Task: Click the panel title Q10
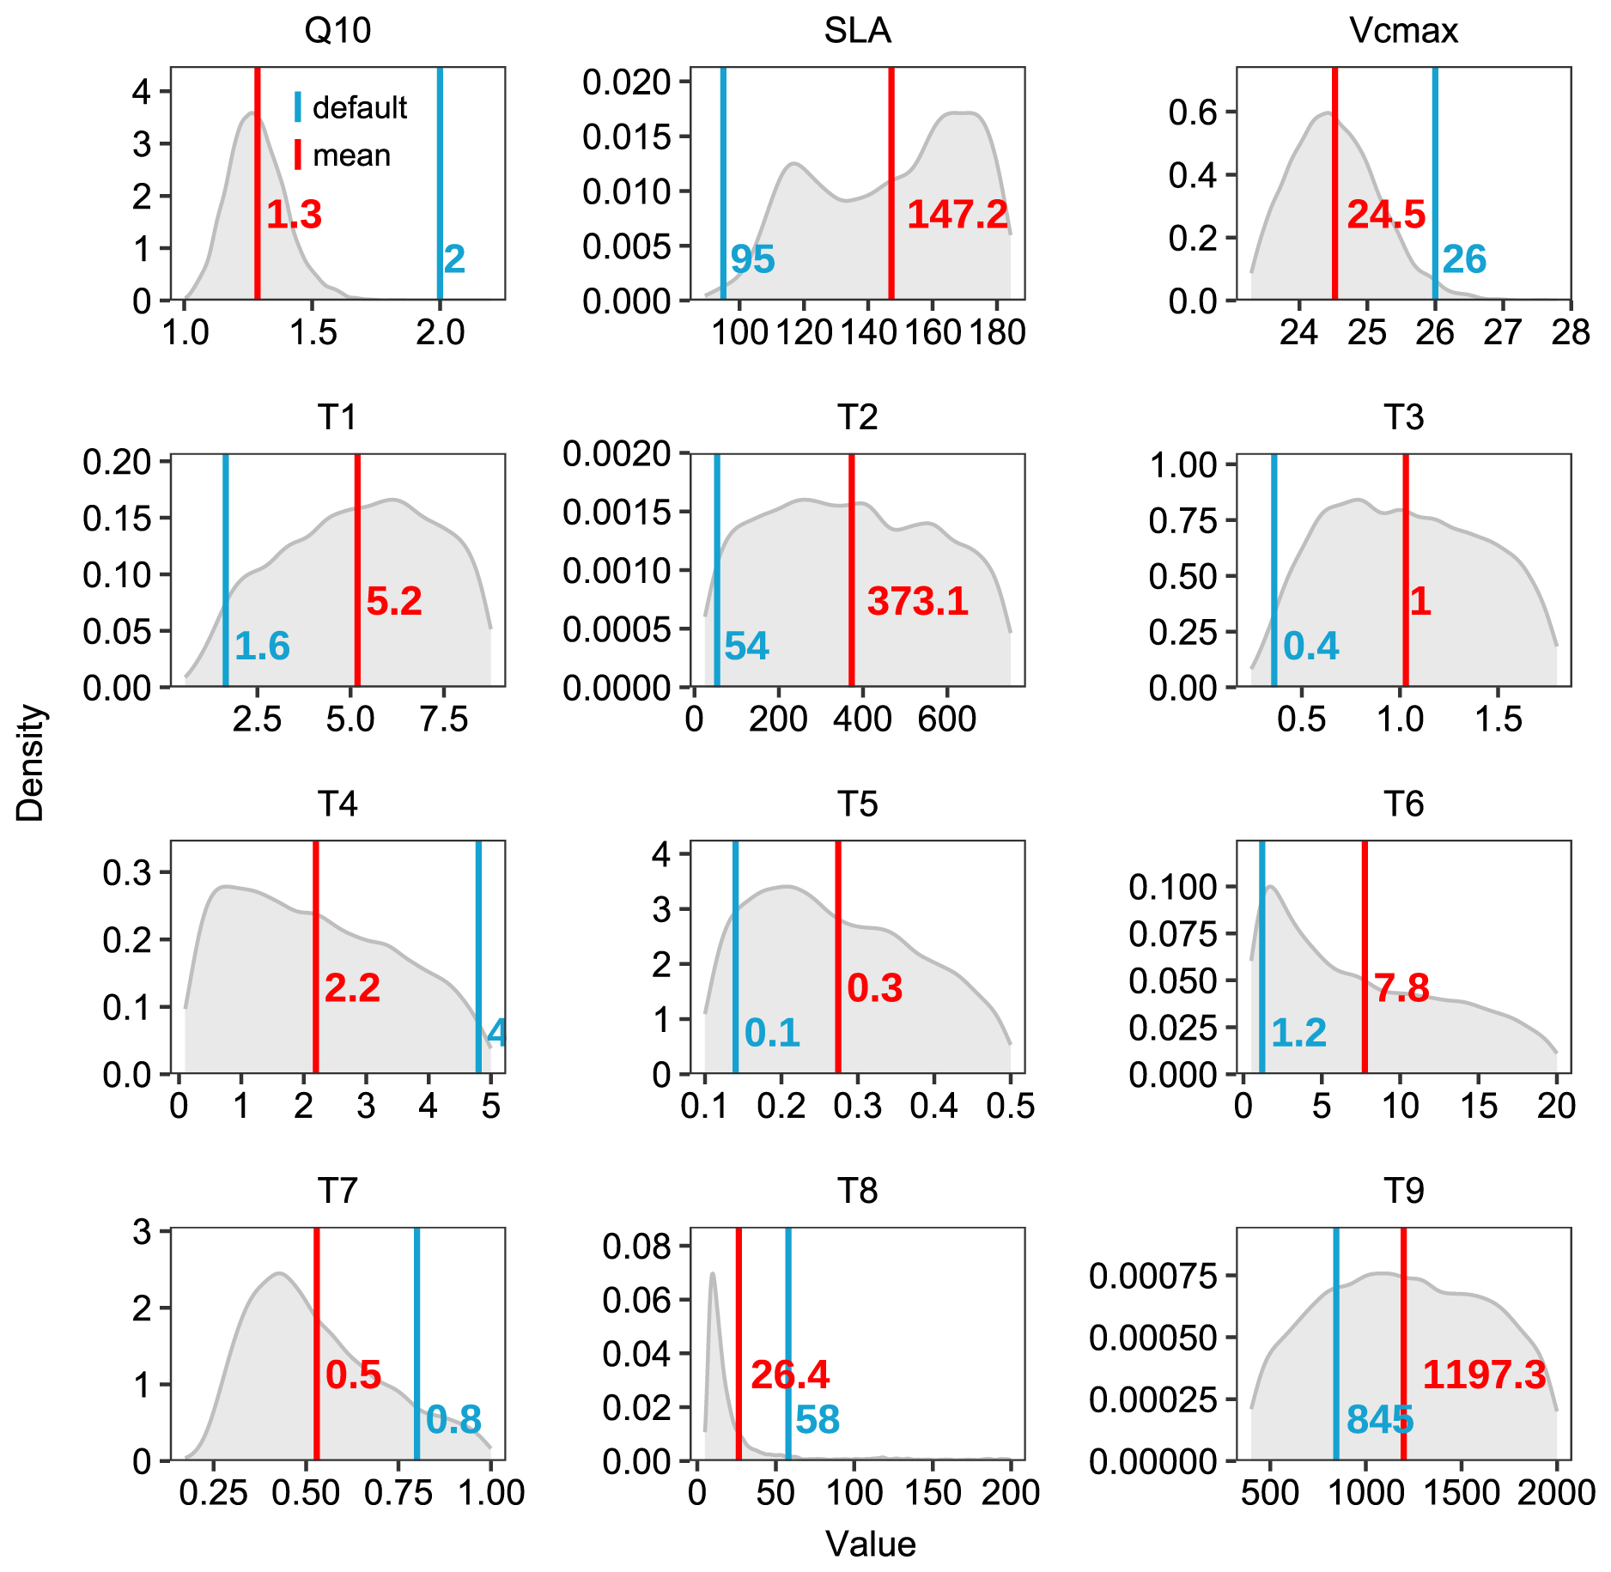click(337, 31)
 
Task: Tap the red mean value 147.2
click(957, 214)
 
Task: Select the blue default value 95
click(752, 259)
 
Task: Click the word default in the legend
click(359, 108)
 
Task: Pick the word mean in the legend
click(351, 155)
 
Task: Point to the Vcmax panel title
click(1403, 31)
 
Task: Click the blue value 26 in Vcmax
click(1464, 259)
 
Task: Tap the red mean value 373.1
click(917, 601)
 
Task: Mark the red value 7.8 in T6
click(1401, 988)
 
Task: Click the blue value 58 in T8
click(817, 1420)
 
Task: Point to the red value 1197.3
click(1484, 1375)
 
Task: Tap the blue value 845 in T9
click(1379, 1420)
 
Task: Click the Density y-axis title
click(30, 763)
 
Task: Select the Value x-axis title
click(871, 1544)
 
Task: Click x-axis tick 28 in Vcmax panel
click(1570, 333)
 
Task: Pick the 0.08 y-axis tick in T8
click(635, 1246)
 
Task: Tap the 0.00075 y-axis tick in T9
click(1152, 1276)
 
